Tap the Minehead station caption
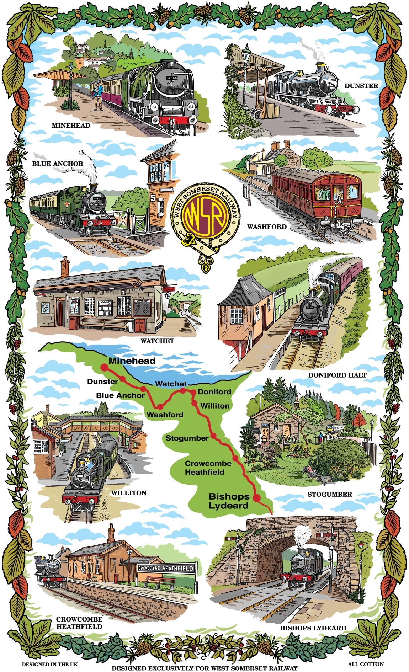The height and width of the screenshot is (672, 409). (x=71, y=126)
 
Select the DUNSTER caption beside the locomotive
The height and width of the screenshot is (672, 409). (x=361, y=86)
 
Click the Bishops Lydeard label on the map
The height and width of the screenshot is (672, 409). (x=229, y=501)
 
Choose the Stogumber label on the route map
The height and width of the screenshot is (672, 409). (x=187, y=438)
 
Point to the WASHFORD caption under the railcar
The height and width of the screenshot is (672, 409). (x=267, y=226)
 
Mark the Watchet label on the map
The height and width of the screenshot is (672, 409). (x=171, y=384)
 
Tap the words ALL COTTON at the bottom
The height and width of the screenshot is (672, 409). (x=366, y=663)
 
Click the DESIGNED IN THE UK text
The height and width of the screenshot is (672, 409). (x=49, y=664)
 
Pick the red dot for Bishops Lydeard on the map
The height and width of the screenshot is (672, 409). (x=257, y=497)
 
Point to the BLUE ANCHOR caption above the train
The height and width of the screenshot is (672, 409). (x=58, y=164)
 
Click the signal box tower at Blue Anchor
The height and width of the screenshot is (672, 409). (x=158, y=188)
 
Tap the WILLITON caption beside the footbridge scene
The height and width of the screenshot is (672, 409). (x=129, y=493)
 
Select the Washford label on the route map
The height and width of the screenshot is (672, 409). (x=165, y=415)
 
